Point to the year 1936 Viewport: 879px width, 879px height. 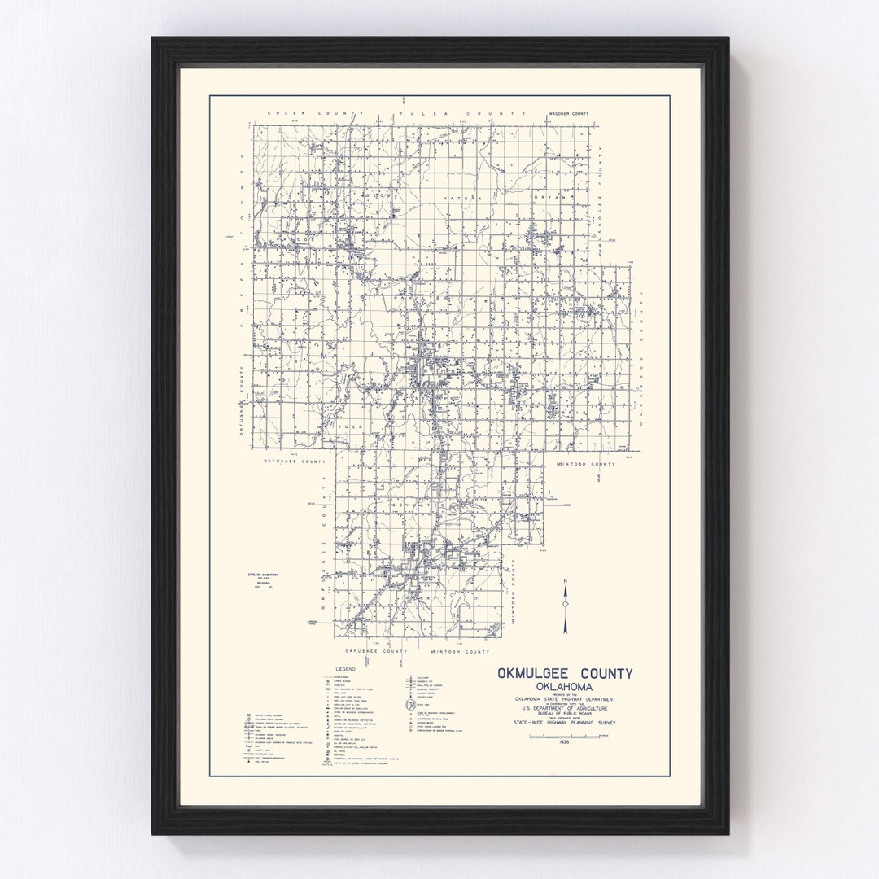click(x=565, y=741)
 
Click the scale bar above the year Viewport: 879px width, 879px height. click(x=565, y=735)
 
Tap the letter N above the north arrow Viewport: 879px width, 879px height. click(x=565, y=580)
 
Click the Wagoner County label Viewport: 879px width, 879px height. click(x=568, y=115)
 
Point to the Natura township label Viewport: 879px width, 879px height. click(x=462, y=198)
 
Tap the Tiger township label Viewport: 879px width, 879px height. click(x=348, y=425)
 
